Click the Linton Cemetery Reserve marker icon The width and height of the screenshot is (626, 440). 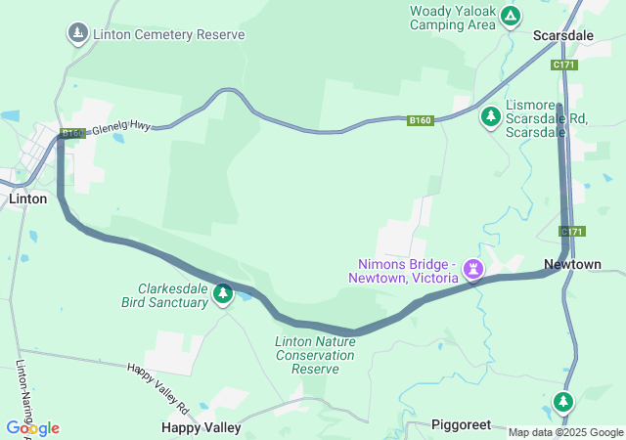77,34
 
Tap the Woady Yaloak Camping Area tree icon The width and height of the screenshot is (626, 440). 511,16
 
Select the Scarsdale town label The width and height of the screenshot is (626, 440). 562,34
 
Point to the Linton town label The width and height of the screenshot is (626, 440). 27,198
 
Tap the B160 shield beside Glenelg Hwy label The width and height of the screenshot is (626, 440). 73,133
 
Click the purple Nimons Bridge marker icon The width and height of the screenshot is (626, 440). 474,267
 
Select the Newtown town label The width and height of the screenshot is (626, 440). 572,265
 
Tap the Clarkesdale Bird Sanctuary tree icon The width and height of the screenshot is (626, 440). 223,293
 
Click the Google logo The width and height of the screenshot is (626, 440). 32,428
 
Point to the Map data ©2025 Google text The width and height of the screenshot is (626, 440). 565,432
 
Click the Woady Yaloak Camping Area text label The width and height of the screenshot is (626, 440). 453,18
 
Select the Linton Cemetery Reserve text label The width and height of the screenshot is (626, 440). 168,34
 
